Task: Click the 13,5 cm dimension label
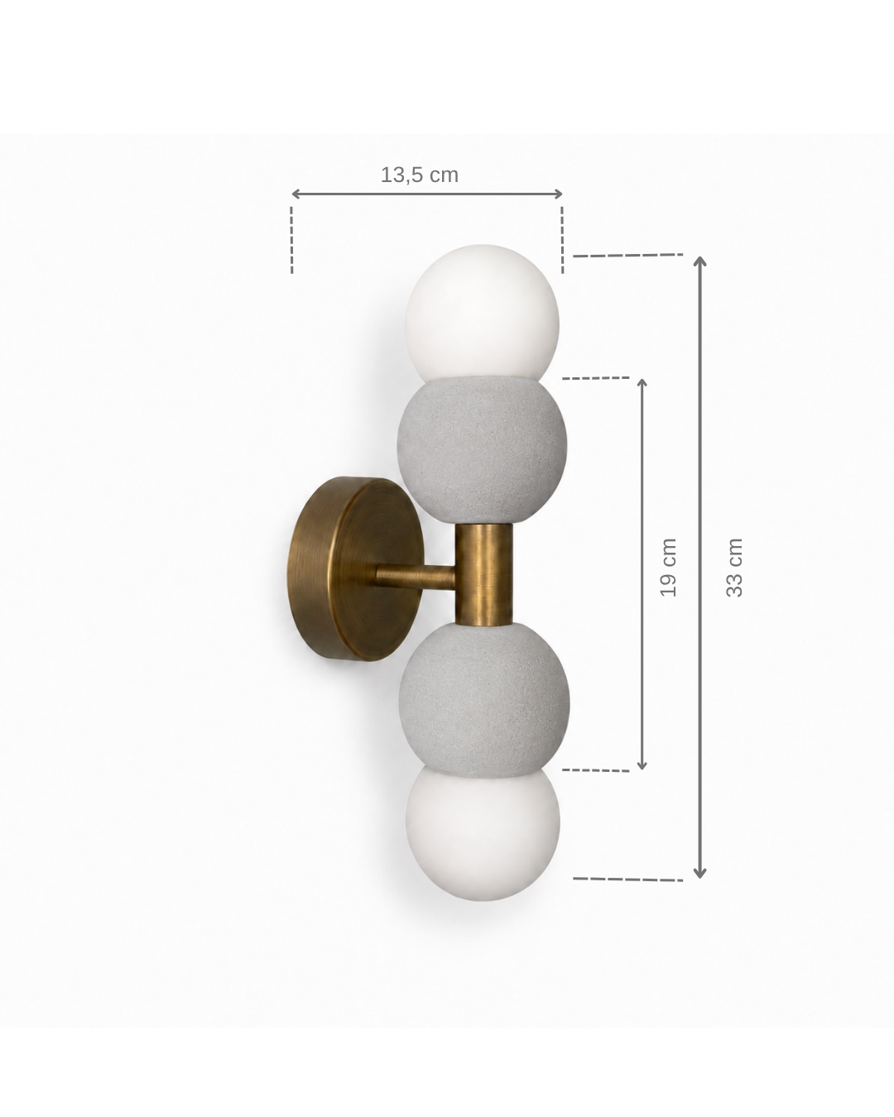click(419, 175)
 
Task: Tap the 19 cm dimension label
click(669, 568)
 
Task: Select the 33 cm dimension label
click(734, 568)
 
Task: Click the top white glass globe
click(483, 313)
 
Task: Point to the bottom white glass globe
click(483, 837)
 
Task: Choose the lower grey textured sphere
click(483, 698)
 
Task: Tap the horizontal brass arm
click(416, 576)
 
